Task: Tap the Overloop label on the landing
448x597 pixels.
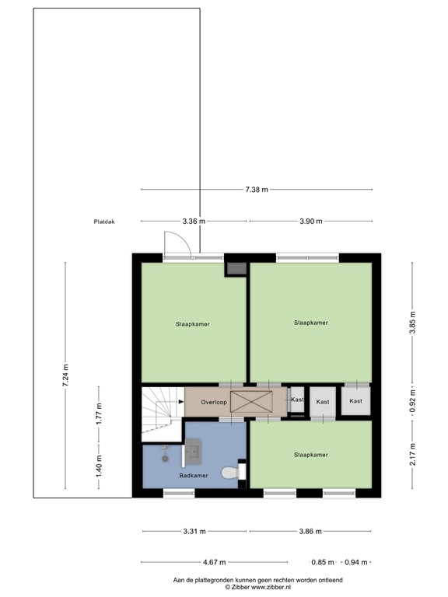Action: pyautogui.click(x=213, y=403)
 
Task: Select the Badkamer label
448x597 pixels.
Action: pyautogui.click(x=194, y=475)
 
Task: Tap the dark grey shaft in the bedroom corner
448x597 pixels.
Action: pyautogui.click(x=236, y=269)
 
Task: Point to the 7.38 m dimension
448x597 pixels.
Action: pyautogui.click(x=256, y=190)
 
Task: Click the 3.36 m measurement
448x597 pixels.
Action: pyautogui.click(x=194, y=222)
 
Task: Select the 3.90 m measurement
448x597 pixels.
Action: pyautogui.click(x=310, y=222)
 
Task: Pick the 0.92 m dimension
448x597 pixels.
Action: pyautogui.click(x=413, y=403)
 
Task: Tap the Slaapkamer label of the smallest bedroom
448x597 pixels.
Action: pyautogui.click(x=310, y=455)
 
